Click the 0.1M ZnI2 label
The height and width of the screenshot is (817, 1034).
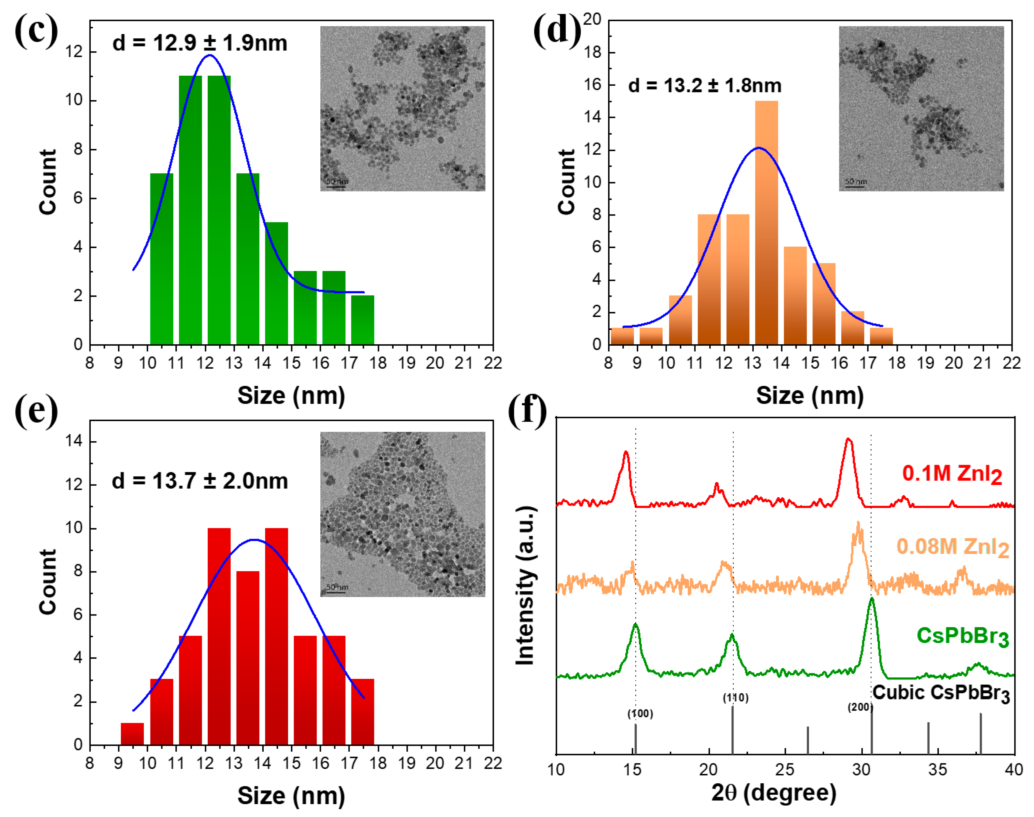pyautogui.click(x=952, y=474)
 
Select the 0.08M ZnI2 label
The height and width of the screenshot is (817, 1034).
pyautogui.click(x=952, y=547)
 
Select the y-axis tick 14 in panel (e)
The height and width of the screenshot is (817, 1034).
pyautogui.click(x=75, y=441)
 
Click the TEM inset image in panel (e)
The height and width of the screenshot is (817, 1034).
pyautogui.click(x=402, y=514)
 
